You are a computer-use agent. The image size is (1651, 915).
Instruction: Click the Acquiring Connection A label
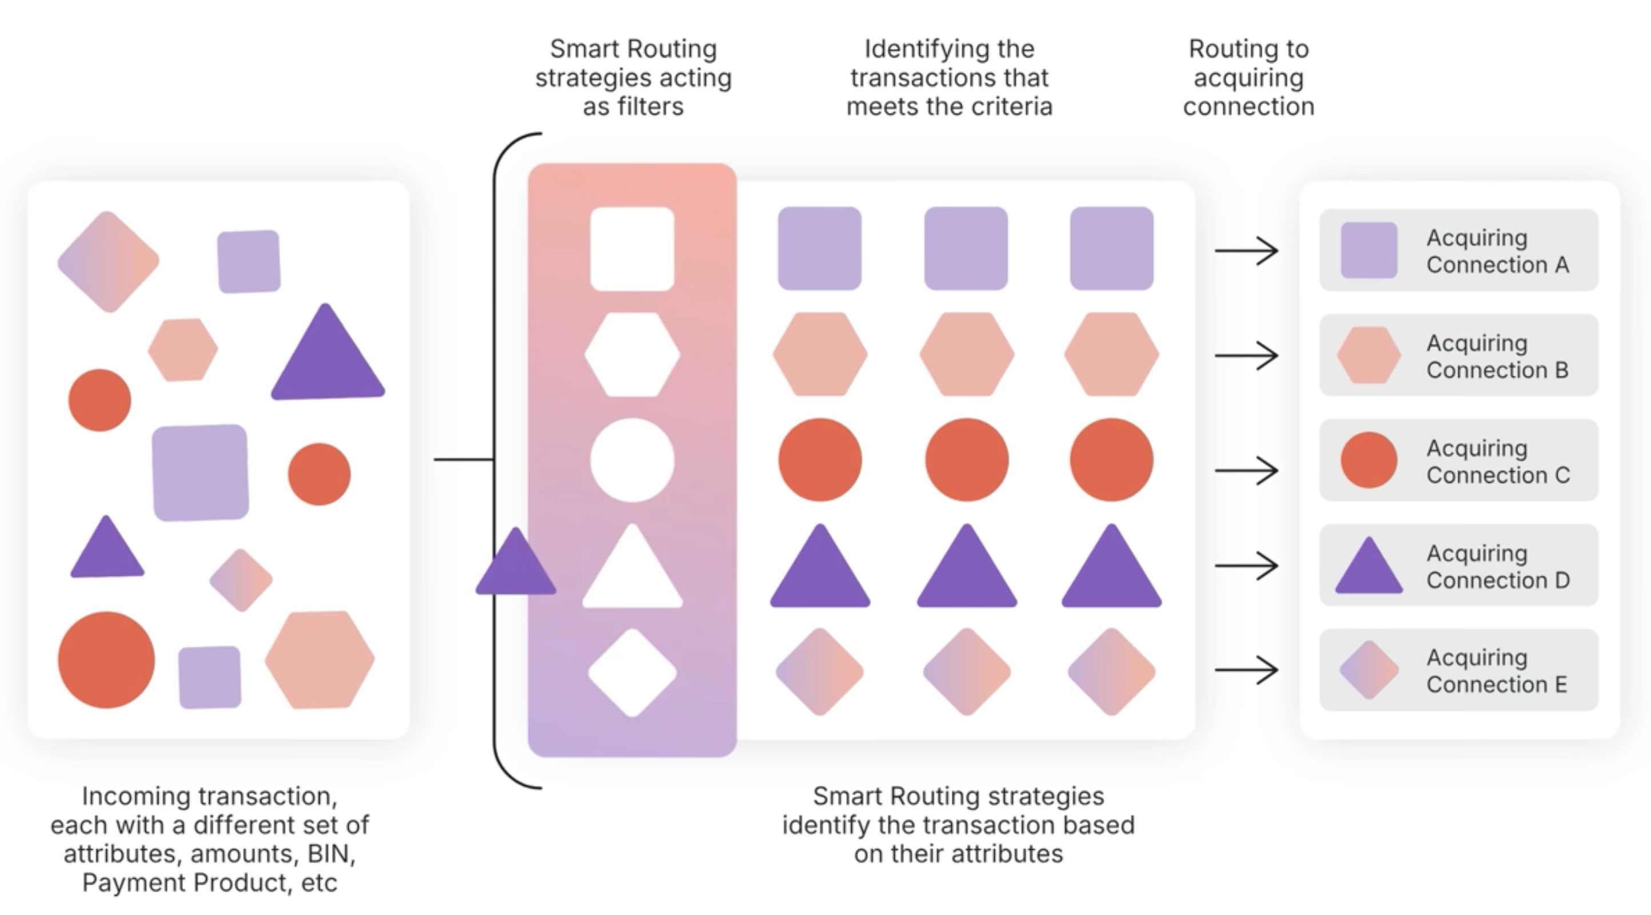pyautogui.click(x=1497, y=250)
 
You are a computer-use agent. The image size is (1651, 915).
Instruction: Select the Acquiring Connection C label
pyautogui.click(x=1498, y=461)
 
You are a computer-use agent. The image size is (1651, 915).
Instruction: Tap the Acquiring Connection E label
pyautogui.click(x=1497, y=671)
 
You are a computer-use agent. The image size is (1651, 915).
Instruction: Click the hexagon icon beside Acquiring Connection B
pyautogui.click(x=1369, y=355)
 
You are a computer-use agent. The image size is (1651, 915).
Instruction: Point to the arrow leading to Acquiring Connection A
pyautogui.click(x=1246, y=250)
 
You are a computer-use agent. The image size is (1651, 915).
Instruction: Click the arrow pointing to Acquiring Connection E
pyautogui.click(x=1246, y=670)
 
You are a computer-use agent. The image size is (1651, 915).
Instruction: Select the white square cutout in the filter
pyautogui.click(x=632, y=249)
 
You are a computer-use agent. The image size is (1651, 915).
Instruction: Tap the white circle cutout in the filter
pyautogui.click(x=632, y=460)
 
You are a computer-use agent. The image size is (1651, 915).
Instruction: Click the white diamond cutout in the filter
pyautogui.click(x=632, y=673)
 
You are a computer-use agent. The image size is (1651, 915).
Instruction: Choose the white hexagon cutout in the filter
pyautogui.click(x=632, y=355)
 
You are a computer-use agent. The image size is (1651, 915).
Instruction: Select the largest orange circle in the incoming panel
pyautogui.click(x=106, y=660)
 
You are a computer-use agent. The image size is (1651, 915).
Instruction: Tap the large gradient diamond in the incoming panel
pyautogui.click(x=108, y=261)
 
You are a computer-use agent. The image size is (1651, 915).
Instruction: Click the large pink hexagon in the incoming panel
pyautogui.click(x=320, y=660)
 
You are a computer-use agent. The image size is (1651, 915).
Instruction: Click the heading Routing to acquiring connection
pyautogui.click(x=1248, y=78)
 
